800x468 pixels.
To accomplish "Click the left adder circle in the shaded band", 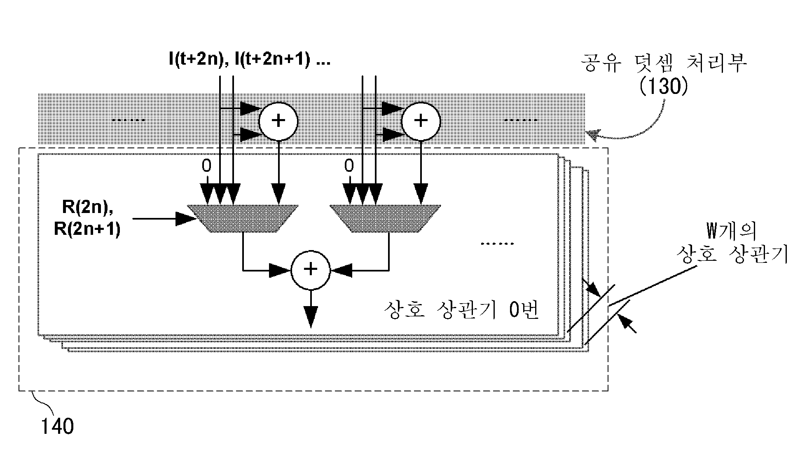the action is click(278, 121).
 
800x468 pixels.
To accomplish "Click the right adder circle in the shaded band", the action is click(421, 121).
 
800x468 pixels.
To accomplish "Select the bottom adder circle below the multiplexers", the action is click(310, 269).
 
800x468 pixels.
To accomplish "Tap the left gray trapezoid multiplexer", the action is click(243, 218).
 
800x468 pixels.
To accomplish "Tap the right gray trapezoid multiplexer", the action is click(385, 218).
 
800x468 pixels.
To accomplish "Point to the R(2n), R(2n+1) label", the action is click(87, 218).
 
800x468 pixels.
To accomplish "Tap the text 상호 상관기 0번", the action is click(461, 310).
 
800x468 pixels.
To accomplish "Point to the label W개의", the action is click(732, 232).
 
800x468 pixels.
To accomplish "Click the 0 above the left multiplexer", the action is click(206, 166).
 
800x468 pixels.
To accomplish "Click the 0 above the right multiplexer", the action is click(349, 166).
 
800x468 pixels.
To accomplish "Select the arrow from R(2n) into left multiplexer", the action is click(164, 219).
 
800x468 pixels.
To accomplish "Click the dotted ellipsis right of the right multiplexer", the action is click(497, 243).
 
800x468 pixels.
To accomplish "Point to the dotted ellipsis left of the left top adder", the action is click(129, 120).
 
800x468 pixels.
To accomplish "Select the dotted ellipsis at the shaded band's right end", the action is click(521, 120).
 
